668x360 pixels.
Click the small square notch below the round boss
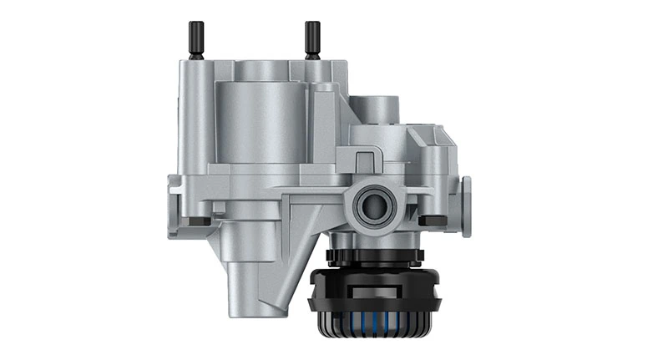pyautogui.click(x=365, y=158)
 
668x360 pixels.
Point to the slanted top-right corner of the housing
pyautogui.click(x=443, y=139)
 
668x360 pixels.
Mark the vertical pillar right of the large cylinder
pyautogui.click(x=321, y=125)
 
